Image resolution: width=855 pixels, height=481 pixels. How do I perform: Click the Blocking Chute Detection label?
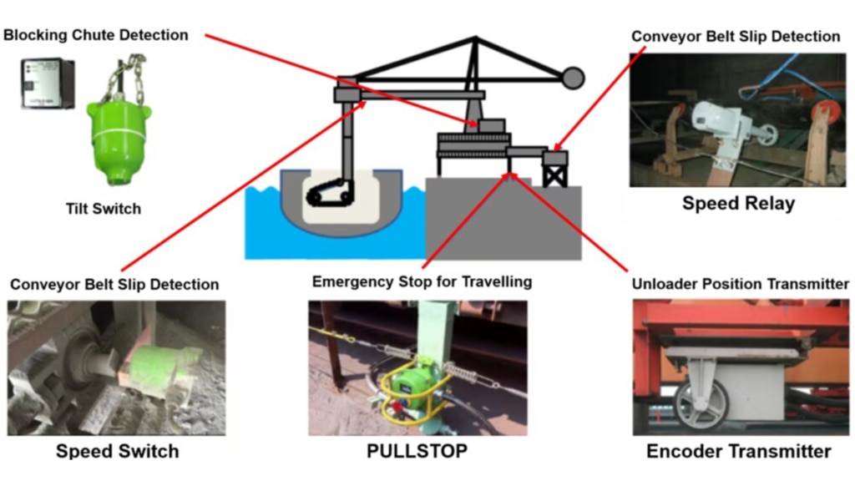(x=96, y=35)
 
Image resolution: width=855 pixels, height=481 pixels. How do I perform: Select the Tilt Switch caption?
(x=104, y=208)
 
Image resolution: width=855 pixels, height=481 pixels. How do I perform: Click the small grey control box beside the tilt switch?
(x=48, y=84)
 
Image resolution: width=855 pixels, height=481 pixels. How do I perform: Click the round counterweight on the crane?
(x=573, y=78)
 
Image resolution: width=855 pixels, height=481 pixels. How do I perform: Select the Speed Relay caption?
(x=738, y=203)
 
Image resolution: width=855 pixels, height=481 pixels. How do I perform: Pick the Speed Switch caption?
(x=117, y=451)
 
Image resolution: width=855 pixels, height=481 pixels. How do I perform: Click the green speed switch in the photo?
(x=157, y=371)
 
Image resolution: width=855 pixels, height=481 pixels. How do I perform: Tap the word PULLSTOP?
(x=417, y=451)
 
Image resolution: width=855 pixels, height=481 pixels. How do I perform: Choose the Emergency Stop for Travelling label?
(x=422, y=281)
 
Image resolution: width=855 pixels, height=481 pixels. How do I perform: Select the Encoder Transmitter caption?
(x=739, y=451)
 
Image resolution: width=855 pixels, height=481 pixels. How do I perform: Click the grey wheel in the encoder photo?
(x=701, y=403)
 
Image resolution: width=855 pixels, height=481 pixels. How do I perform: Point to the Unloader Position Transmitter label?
(x=740, y=284)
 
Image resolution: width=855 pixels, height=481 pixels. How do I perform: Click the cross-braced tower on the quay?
(x=555, y=170)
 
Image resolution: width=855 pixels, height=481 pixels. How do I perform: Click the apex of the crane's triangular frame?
(x=475, y=38)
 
